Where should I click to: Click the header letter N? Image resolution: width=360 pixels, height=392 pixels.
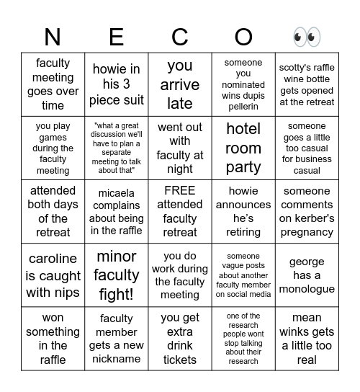tap(53, 37)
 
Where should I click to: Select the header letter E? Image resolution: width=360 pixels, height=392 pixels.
tap(117, 37)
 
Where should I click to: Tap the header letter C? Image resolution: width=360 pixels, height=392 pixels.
tap(180, 37)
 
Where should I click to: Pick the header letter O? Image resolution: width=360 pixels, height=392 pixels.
tap(243, 37)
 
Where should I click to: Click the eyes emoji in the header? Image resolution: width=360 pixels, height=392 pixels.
tap(307, 37)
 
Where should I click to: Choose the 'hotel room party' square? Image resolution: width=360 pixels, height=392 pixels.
tap(243, 148)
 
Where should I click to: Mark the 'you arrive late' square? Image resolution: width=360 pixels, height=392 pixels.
tap(180, 85)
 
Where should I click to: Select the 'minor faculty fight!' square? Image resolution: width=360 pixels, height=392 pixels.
tap(117, 275)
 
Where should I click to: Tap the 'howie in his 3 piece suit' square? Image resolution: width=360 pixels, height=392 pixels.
tap(117, 85)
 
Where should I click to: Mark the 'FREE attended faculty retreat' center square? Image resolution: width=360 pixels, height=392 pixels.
tap(180, 212)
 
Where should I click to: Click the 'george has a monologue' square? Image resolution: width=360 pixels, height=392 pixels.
tap(307, 275)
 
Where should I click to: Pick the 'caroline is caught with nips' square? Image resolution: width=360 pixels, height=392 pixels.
tap(53, 275)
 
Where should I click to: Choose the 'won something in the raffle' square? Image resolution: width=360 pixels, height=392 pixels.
tap(53, 339)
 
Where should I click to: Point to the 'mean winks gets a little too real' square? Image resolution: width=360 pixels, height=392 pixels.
tap(307, 339)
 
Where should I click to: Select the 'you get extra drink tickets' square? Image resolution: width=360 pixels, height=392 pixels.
tap(180, 339)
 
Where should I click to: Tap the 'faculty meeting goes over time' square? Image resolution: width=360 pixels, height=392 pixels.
tap(53, 85)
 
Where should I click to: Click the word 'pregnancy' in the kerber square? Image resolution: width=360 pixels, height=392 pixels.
tap(307, 232)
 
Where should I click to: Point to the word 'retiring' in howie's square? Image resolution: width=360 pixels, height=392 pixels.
tap(243, 232)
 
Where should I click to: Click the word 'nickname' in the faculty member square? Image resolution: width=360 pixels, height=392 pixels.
tap(117, 359)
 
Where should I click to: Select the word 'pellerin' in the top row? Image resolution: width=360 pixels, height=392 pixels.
tap(243, 107)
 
